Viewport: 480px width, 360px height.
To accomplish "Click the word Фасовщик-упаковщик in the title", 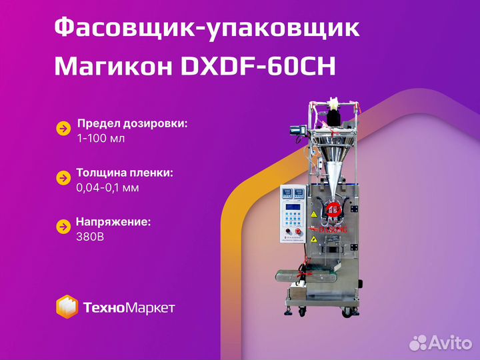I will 206,29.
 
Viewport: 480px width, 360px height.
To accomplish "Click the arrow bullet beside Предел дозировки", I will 63,129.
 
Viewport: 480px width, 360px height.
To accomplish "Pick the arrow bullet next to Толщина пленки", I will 63,178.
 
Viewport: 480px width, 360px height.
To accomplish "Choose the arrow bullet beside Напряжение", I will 63,226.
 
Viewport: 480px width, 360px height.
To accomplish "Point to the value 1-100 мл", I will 101,139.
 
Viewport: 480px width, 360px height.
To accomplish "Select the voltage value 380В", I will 89,235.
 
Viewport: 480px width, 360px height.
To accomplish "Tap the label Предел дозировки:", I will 132,124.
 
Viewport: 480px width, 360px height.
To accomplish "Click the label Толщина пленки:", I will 125,173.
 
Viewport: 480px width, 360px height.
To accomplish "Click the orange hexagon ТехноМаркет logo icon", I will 66,307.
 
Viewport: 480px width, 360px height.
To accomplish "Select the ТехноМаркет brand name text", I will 129,307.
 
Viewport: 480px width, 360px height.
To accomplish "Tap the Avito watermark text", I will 448,343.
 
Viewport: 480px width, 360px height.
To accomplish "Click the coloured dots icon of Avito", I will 417,343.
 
